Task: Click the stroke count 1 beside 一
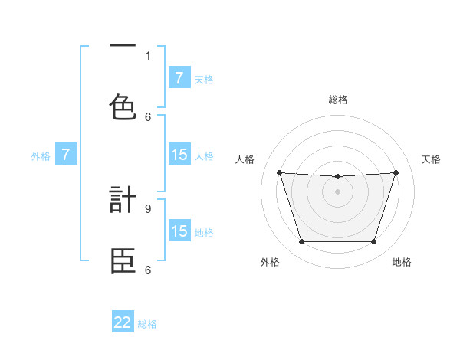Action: click(148, 55)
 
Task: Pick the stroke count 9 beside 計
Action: click(148, 208)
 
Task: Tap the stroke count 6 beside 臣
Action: click(148, 270)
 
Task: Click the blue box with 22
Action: click(123, 322)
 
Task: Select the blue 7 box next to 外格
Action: click(66, 155)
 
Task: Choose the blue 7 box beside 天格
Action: click(179, 78)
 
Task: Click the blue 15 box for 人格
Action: click(179, 155)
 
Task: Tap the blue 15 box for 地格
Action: click(179, 231)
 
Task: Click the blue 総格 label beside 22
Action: click(147, 324)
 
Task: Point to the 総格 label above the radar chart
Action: click(337, 100)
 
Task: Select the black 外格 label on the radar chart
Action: click(270, 262)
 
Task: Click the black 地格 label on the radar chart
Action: click(402, 262)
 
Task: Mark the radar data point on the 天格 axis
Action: click(396, 172)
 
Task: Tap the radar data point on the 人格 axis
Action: click(279, 172)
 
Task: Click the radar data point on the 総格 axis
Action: click(337, 177)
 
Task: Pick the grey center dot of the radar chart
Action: click(337, 191)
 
